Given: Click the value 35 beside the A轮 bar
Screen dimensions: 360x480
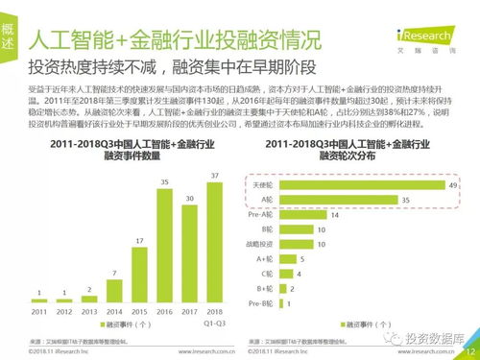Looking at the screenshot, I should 406,200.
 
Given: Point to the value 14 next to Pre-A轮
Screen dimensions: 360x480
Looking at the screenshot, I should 335,216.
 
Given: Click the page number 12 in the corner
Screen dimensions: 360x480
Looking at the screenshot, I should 468,351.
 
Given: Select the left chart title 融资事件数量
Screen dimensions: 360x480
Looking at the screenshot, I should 132,156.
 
